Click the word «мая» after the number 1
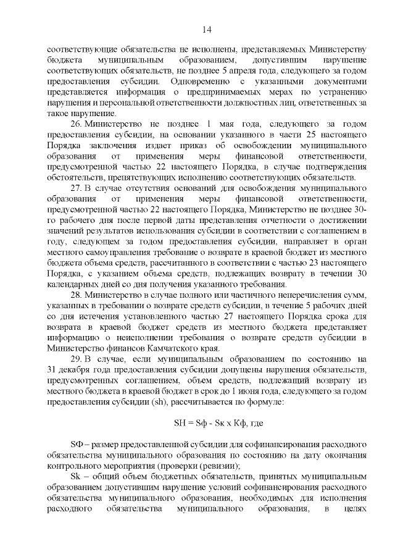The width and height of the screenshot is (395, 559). coord(223,125)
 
